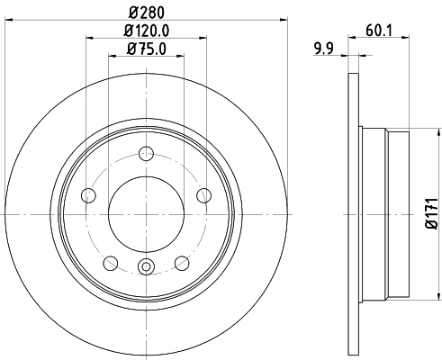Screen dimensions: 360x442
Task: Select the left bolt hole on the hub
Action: [88, 195]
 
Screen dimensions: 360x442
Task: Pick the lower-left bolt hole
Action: [111, 262]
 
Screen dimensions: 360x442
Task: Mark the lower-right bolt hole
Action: [183, 262]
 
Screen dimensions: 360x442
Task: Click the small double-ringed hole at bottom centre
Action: [148, 265]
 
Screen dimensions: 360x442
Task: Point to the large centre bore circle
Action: [148, 212]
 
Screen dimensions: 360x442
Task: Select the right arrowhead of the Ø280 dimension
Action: [289, 21]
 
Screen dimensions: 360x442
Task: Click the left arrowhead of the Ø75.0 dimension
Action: [112, 56]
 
